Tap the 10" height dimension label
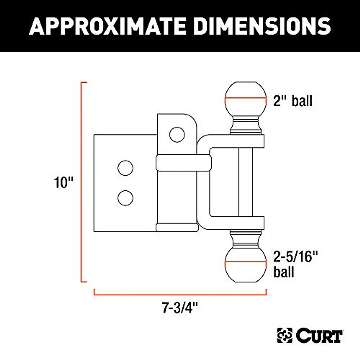(64, 182)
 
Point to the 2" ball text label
(292, 101)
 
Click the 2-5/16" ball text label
(295, 264)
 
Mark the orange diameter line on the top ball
(246, 100)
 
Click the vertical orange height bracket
(82, 182)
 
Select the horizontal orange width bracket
(180, 292)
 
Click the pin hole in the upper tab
(177, 134)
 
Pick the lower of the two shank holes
(125, 198)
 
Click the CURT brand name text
(319, 336)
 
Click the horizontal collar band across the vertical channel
(184, 163)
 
